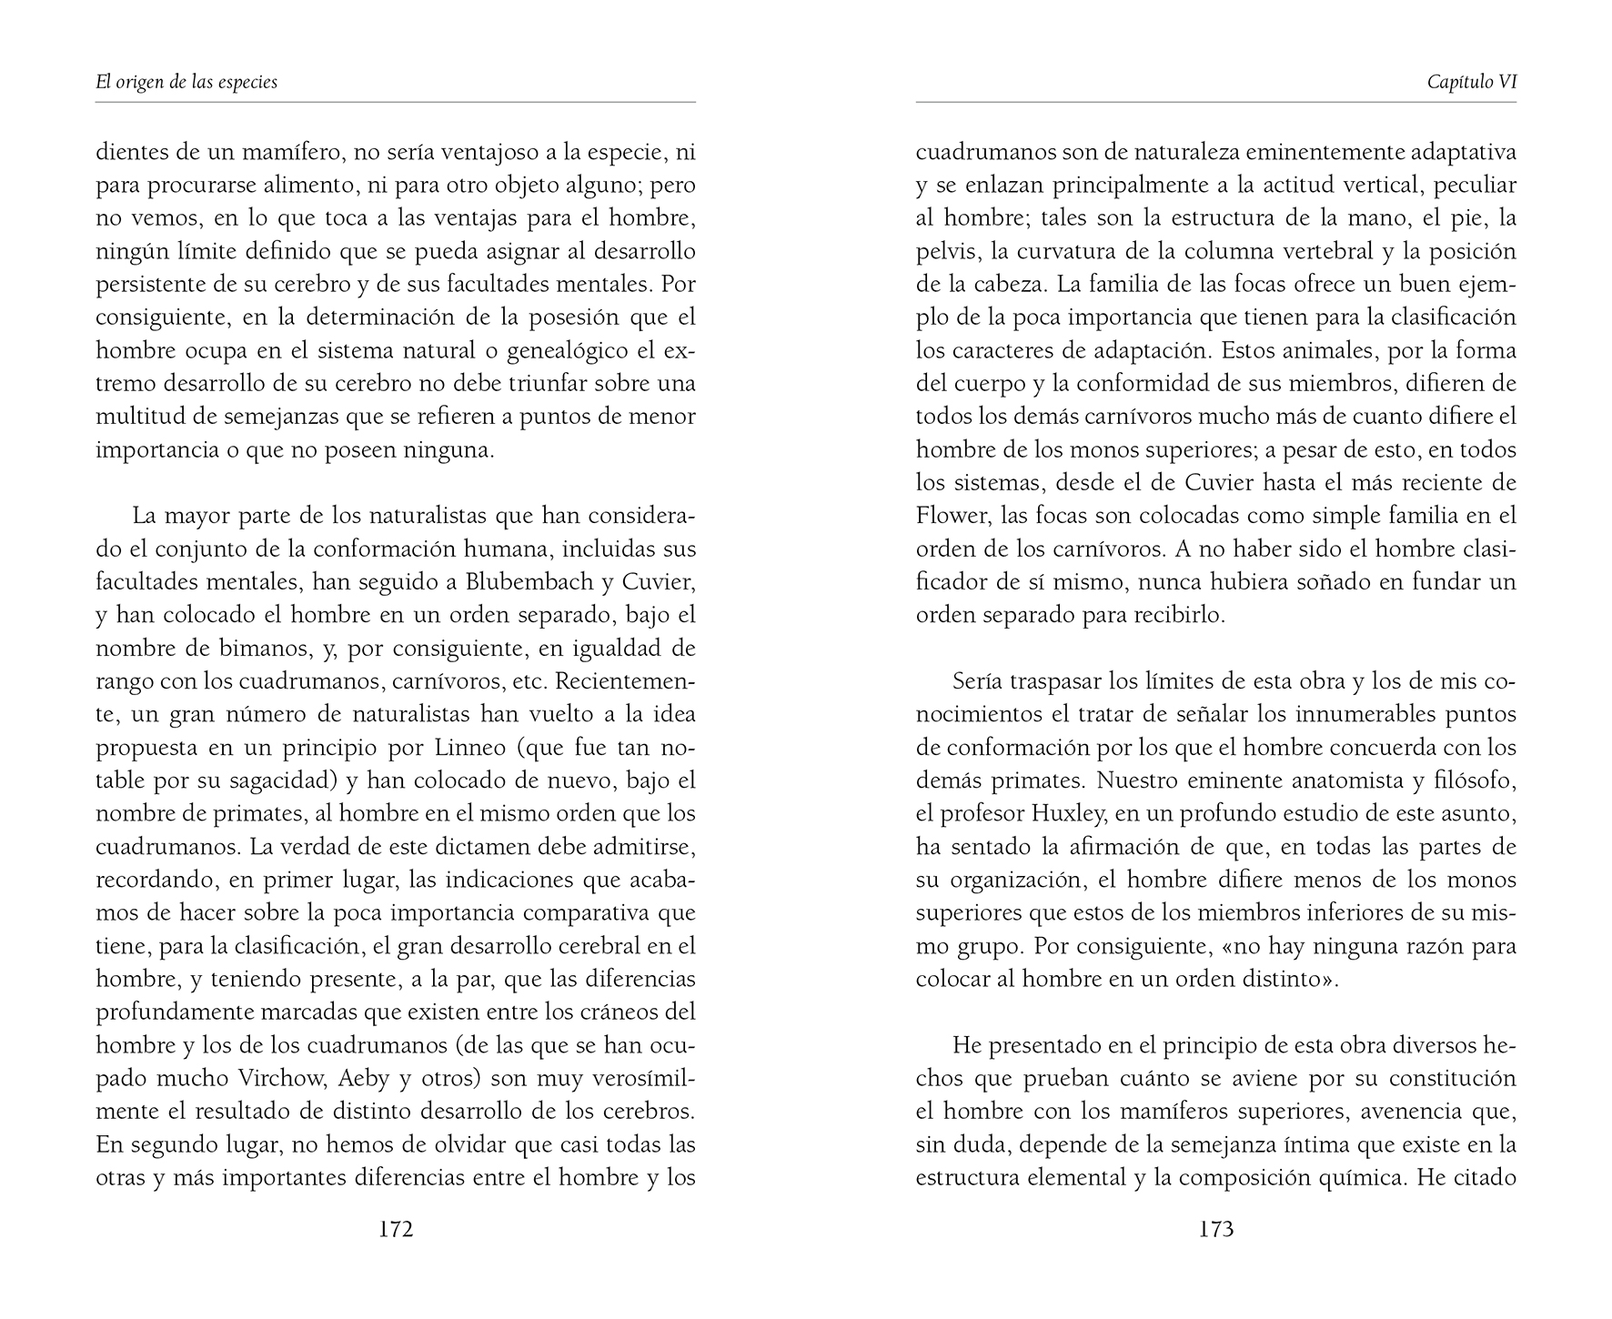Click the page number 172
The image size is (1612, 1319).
click(x=396, y=1230)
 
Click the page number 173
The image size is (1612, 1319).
click(x=1216, y=1230)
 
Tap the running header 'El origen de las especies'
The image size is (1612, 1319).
click(x=186, y=82)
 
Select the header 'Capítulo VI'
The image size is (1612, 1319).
click(x=1472, y=82)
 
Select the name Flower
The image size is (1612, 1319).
click(x=952, y=516)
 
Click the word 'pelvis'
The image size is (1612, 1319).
click(x=942, y=251)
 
